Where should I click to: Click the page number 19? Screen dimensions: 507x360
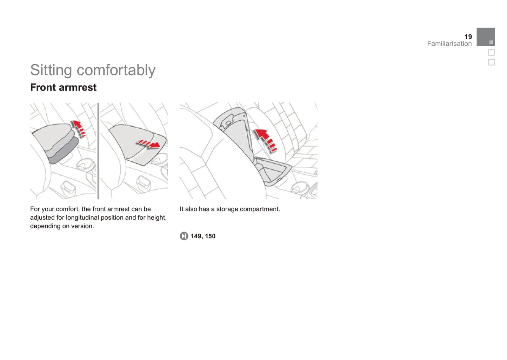coord(468,37)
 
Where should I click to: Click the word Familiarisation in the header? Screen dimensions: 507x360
coord(449,44)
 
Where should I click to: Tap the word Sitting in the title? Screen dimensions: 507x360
coord(51,70)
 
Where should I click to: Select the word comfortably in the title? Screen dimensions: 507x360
coord(116,70)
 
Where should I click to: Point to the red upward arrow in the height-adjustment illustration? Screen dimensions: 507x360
coord(79,128)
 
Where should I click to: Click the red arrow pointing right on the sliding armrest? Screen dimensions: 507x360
coord(148,144)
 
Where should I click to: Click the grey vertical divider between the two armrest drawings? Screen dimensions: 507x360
coord(98,151)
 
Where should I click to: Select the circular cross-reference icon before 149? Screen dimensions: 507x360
coord(184,236)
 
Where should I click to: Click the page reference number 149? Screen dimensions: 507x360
coord(196,236)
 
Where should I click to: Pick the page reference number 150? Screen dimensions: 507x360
coord(210,236)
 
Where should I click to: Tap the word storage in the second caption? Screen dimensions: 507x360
coord(227,209)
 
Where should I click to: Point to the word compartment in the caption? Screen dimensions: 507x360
coord(260,209)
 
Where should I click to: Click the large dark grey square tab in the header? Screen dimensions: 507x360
coord(486,37)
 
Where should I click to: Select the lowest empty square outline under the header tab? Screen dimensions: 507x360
coord(491,62)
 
